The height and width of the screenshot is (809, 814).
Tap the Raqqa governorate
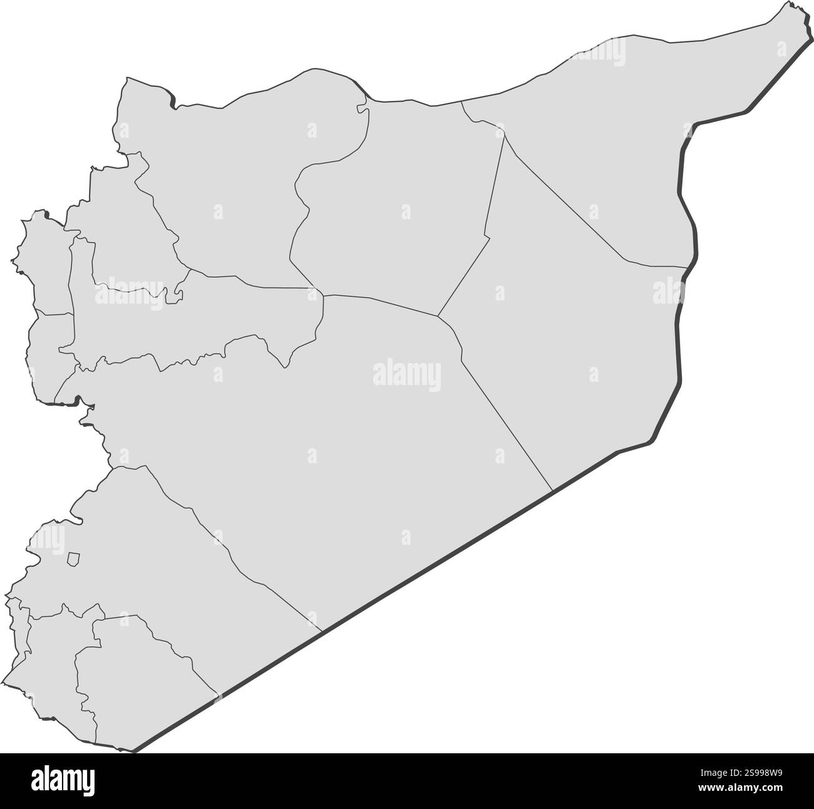coord(401,219)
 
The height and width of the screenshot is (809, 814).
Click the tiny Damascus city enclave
coord(73,559)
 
